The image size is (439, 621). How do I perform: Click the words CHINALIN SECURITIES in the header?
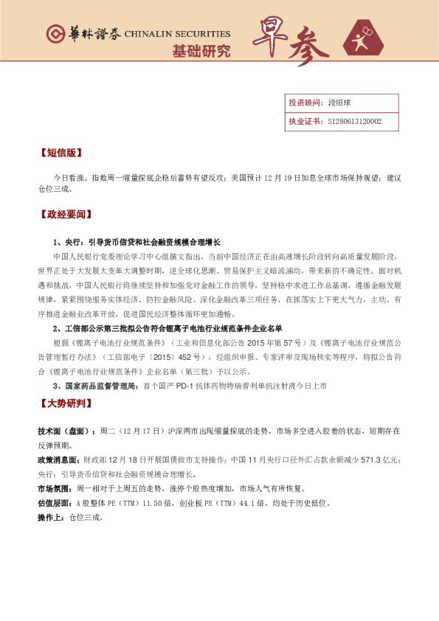pyautogui.click(x=177, y=34)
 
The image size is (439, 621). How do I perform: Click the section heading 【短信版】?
pyautogui.click(x=59, y=154)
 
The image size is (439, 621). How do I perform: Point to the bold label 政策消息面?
pyautogui.click(x=60, y=459)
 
